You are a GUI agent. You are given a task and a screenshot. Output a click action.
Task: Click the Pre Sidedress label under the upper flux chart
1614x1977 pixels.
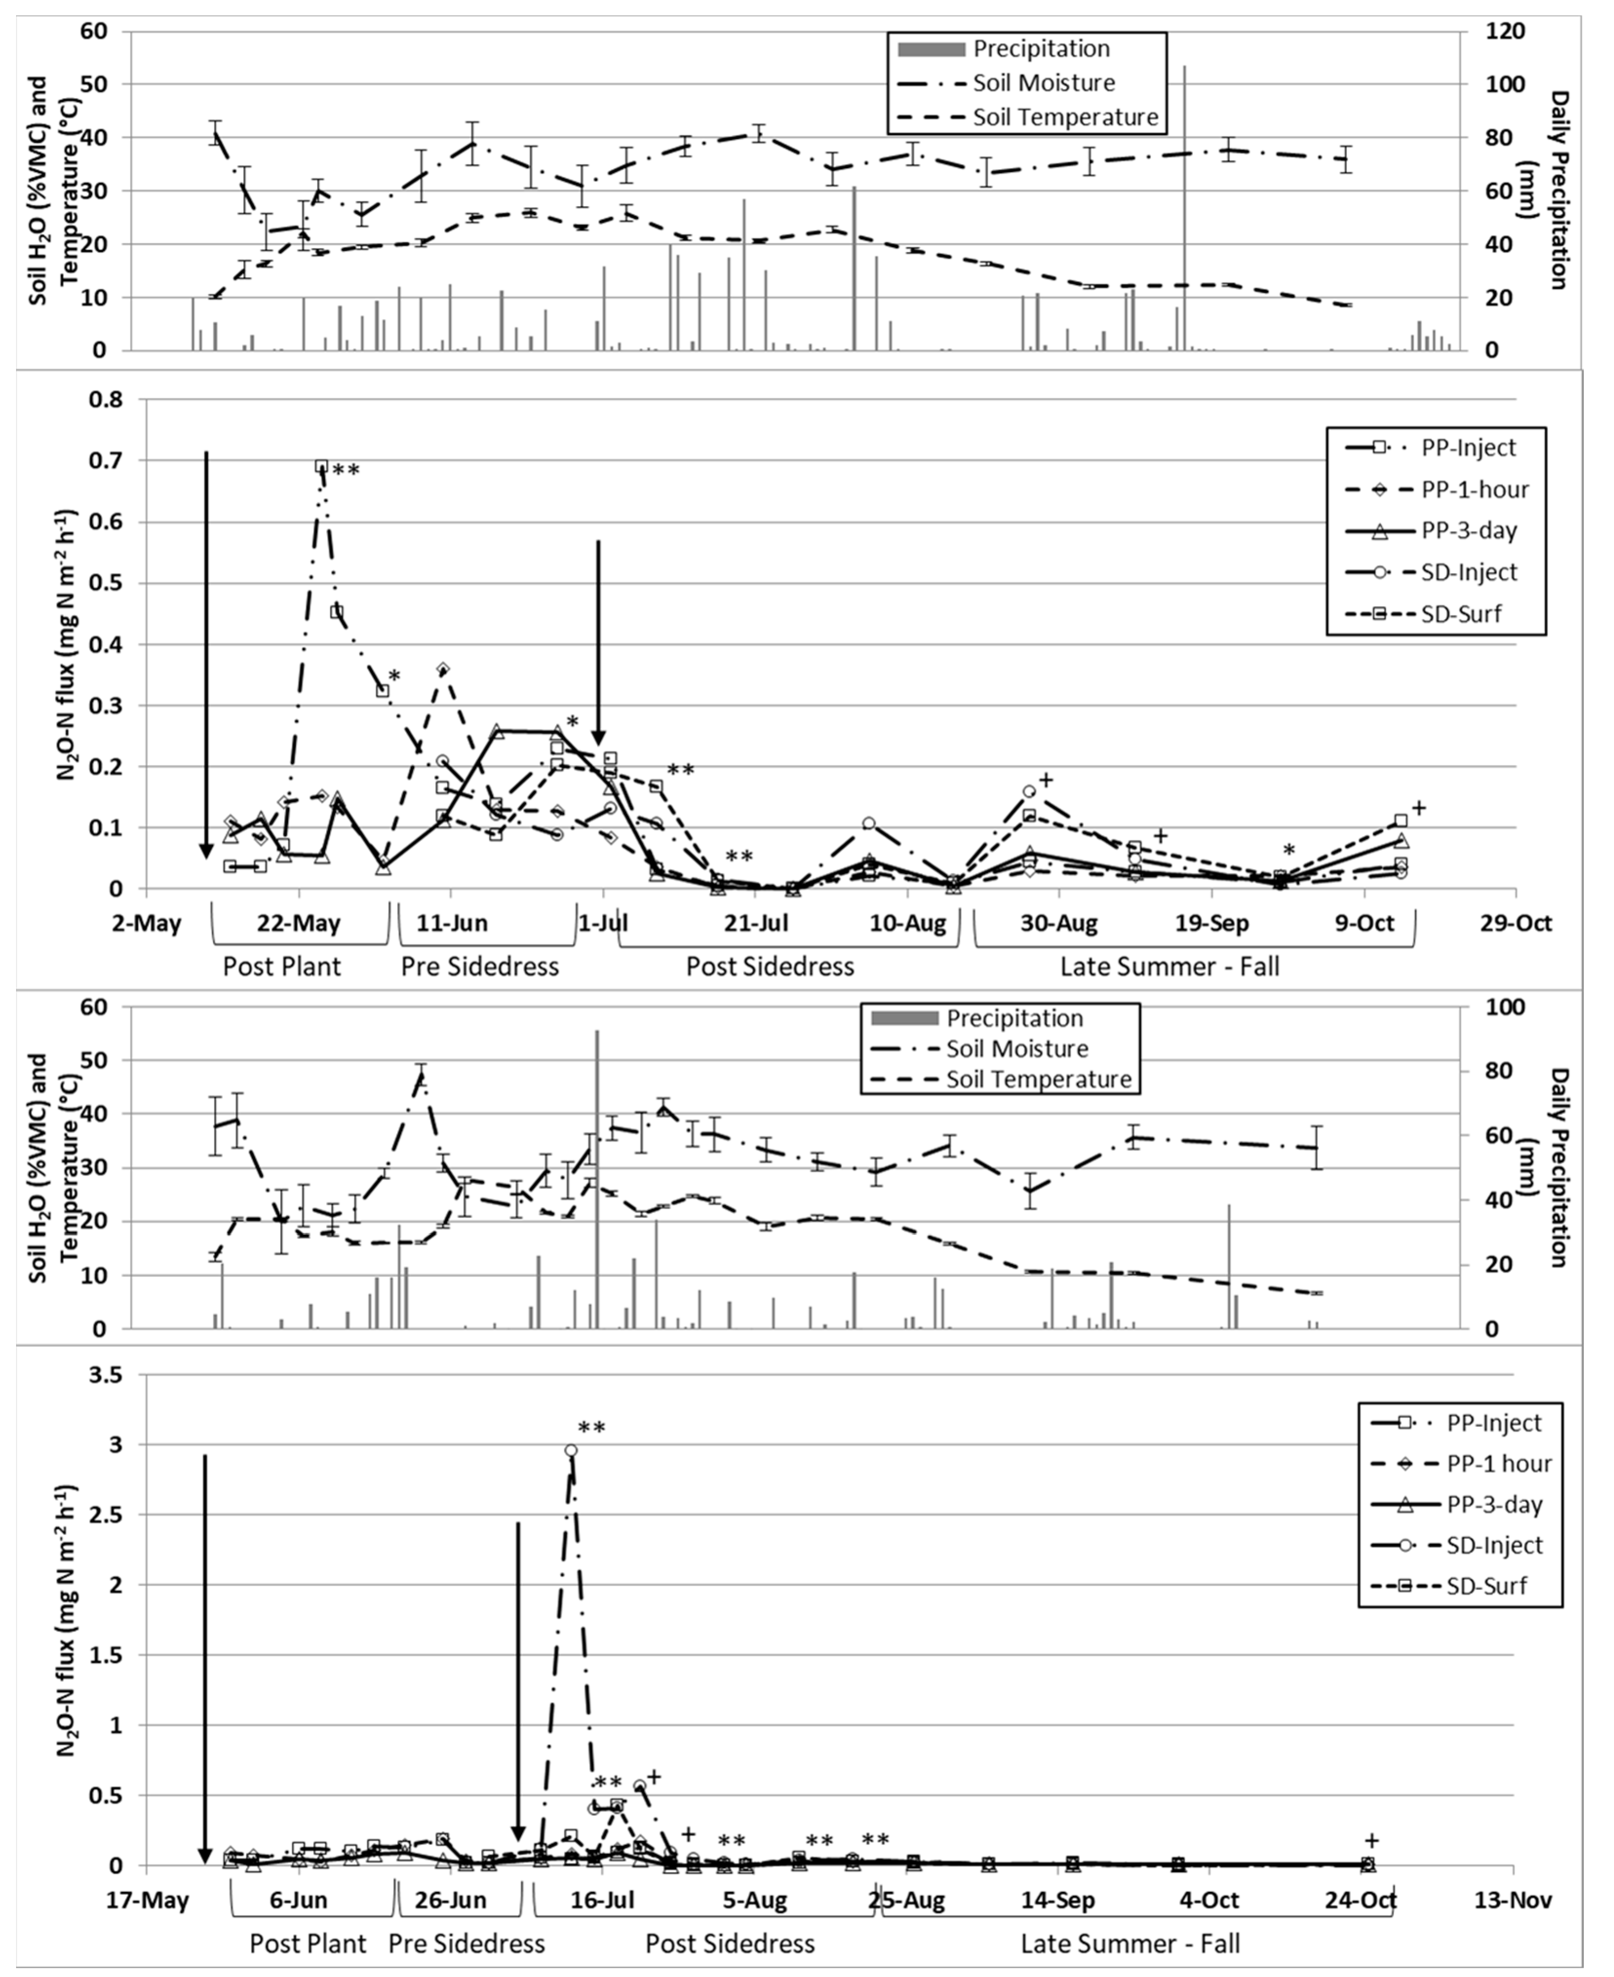coord(480,967)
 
